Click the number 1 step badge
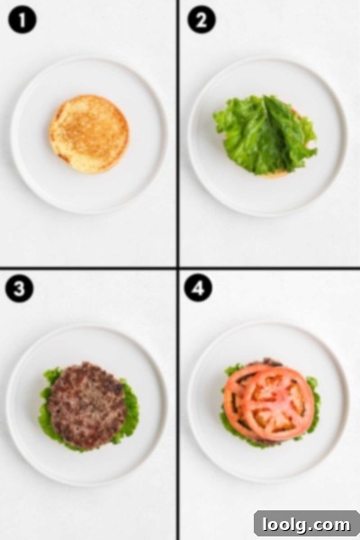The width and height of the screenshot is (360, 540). click(22, 21)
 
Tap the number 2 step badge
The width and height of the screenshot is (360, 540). click(202, 20)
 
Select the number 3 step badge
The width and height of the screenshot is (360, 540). click(20, 289)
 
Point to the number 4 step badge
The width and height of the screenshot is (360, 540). click(198, 288)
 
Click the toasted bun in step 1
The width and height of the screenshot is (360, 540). click(89, 134)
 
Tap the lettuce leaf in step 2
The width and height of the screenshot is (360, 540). click(265, 134)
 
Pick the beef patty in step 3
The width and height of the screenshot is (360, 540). click(86, 406)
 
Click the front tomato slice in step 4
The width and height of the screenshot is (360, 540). click(278, 403)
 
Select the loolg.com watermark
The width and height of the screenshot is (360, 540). click(306, 525)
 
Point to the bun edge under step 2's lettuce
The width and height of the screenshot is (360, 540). click(274, 175)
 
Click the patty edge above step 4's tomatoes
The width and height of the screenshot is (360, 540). click(265, 362)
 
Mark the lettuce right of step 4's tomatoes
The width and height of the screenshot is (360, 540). click(313, 403)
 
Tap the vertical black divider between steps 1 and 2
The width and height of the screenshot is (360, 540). click(178, 133)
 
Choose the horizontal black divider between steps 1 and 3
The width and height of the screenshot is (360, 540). click(88, 267)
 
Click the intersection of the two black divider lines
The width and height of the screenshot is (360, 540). click(178, 267)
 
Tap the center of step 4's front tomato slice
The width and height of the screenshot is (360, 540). click(278, 403)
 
